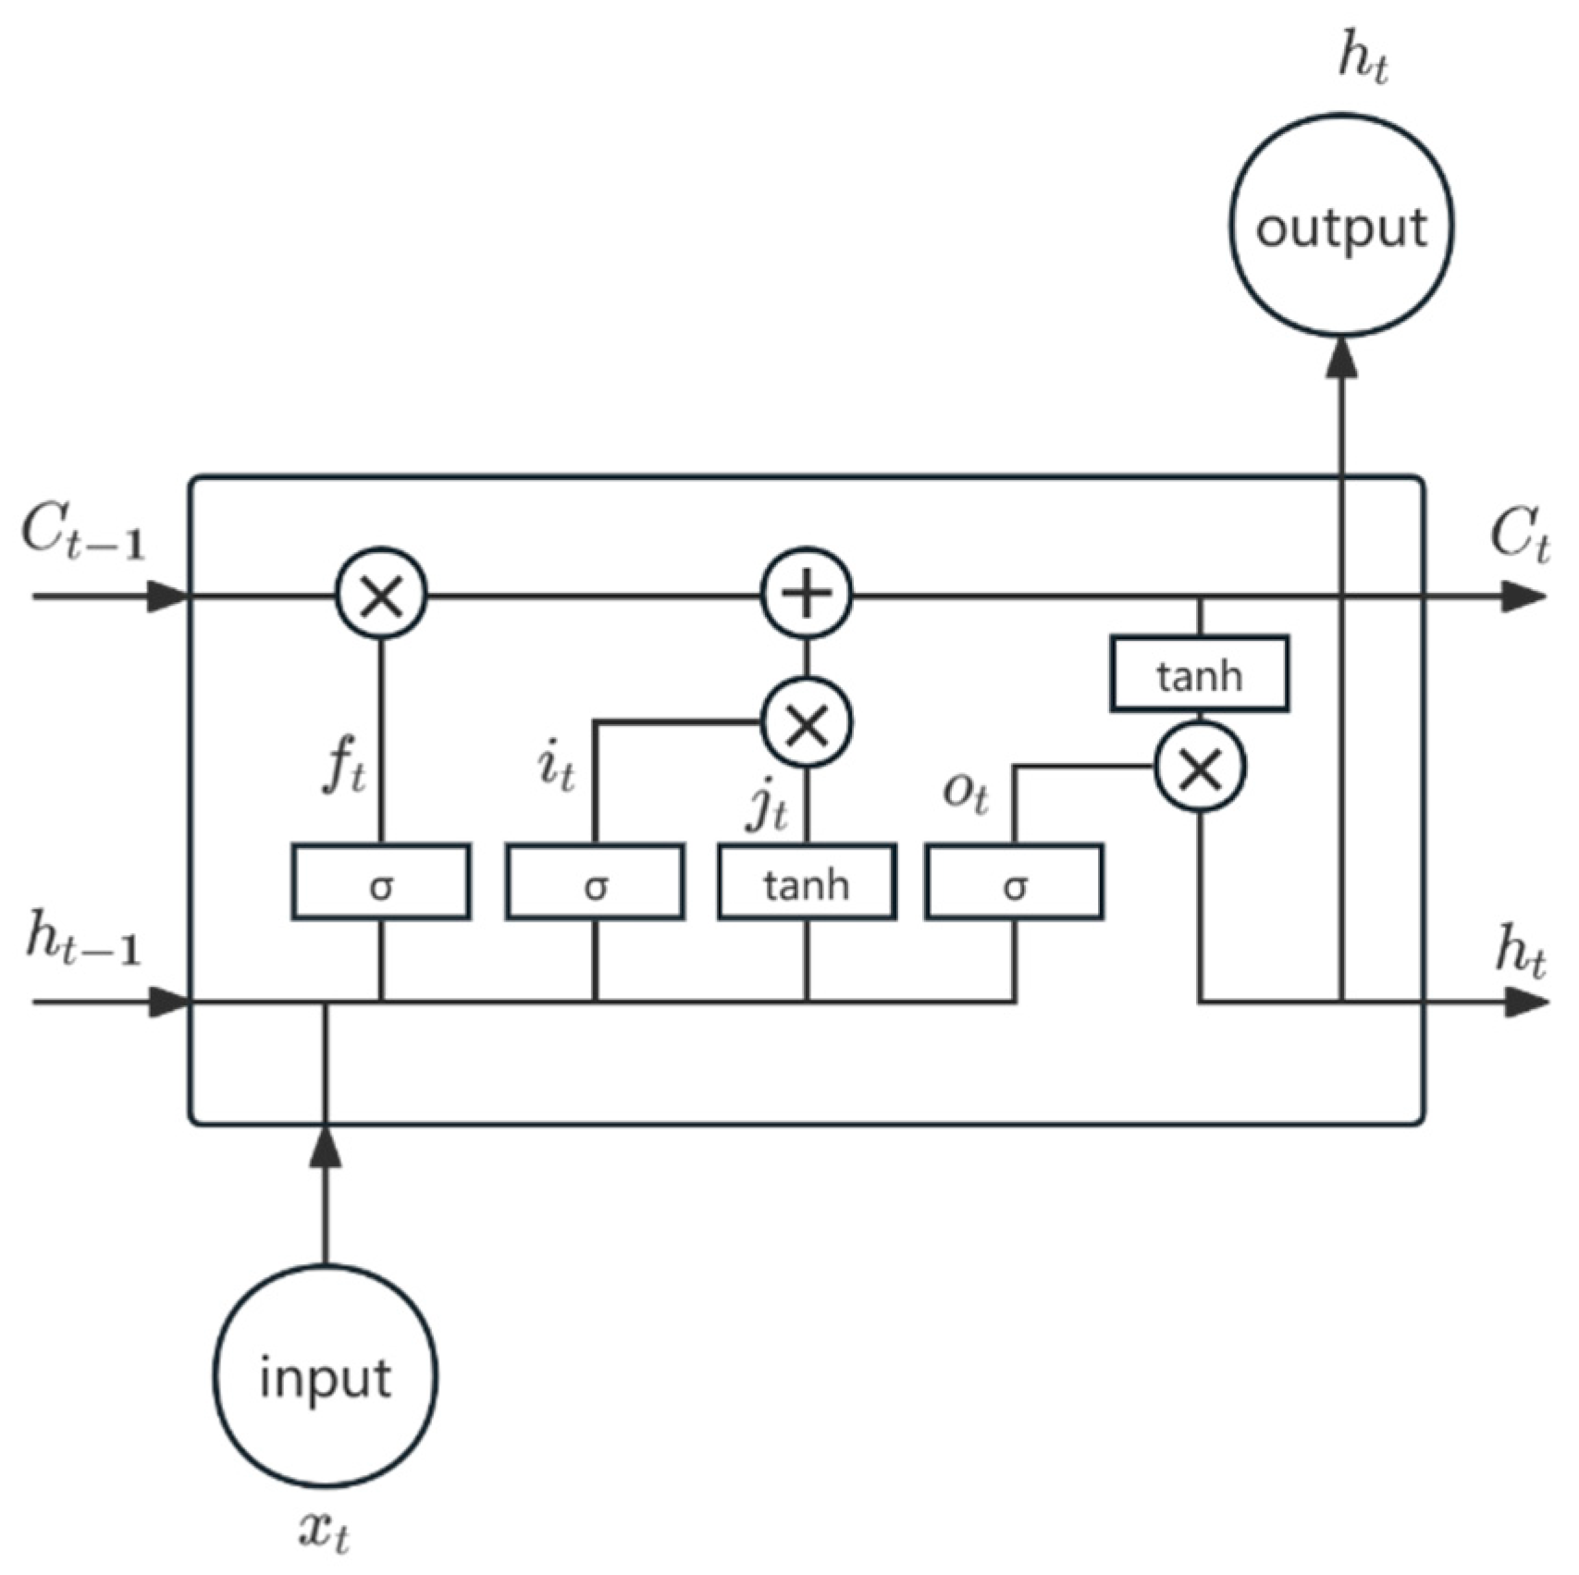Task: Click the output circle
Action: tap(1340, 225)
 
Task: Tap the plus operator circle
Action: tap(807, 594)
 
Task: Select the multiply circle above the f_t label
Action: tap(381, 594)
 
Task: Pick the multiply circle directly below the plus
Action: tap(807, 722)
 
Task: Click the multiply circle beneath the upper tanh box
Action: tap(1200, 768)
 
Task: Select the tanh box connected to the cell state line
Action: tap(1199, 674)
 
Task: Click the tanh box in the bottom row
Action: tap(807, 882)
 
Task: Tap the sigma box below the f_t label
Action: tap(381, 882)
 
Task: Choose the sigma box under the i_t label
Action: tap(596, 882)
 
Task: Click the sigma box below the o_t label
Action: tap(1015, 882)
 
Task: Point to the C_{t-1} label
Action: tap(83, 535)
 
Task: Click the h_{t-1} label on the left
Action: tap(83, 939)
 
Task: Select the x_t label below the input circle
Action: tap(325, 1532)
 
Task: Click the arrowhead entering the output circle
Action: tap(1341, 356)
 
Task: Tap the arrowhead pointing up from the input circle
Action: tap(325, 1147)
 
